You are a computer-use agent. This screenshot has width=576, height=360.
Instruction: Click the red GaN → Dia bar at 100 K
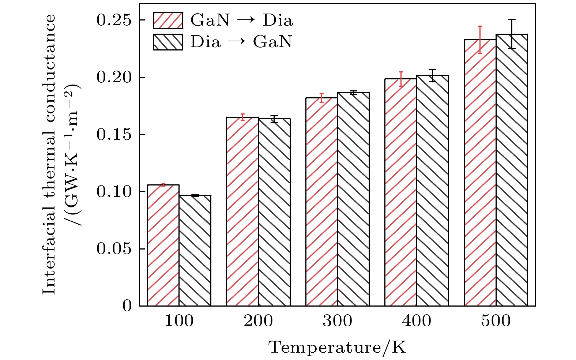(163, 245)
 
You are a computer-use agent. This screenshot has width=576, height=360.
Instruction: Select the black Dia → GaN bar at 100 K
(195, 251)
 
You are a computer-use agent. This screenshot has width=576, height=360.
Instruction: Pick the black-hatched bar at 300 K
(353, 199)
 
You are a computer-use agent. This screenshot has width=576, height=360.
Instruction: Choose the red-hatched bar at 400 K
(401, 192)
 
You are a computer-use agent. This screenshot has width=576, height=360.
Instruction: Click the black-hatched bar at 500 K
(512, 170)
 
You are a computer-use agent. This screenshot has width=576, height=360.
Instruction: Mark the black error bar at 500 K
(512, 34)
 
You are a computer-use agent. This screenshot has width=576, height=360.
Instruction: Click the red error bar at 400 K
(401, 79)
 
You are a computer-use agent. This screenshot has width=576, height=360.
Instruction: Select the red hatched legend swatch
(168, 20)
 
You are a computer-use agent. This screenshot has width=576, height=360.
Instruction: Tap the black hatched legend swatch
(168, 42)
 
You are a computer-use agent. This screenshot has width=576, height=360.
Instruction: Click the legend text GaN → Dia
(242, 20)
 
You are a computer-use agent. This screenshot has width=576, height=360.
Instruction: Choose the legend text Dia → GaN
(241, 42)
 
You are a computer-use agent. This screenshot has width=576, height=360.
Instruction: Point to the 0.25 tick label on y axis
(113, 20)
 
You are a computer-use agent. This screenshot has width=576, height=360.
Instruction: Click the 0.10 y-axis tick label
(113, 192)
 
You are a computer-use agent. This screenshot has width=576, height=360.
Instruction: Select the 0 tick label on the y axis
(127, 306)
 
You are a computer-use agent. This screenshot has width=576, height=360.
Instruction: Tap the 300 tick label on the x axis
(337, 321)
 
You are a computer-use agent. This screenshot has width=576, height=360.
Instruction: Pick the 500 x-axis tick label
(496, 321)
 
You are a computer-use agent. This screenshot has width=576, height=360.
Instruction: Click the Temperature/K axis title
(337, 347)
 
